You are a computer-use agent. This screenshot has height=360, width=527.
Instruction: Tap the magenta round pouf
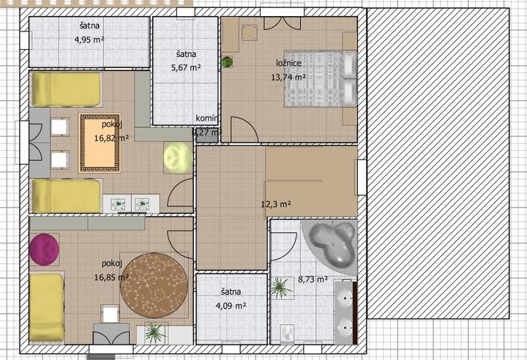44,250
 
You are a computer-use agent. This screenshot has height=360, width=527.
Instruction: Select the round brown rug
154,285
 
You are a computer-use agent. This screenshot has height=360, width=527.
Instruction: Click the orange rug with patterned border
100,143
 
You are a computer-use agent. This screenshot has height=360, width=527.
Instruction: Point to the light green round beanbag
178,157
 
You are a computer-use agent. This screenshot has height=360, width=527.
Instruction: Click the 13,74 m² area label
288,78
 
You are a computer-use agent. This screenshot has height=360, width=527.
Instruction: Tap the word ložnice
288,63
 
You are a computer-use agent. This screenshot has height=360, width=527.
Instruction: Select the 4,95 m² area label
89,40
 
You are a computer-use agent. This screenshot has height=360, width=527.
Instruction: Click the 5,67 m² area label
186,68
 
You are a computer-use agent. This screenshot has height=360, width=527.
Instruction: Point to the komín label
206,118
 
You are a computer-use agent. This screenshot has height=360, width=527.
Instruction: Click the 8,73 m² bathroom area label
313,280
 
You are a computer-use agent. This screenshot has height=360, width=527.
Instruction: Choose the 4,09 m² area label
231,306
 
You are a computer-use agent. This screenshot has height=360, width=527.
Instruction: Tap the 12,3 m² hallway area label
276,203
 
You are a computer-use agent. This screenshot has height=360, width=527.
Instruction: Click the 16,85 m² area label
111,277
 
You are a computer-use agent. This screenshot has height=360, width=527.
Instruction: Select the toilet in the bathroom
287,334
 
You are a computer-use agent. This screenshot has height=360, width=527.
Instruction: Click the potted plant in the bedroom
227,62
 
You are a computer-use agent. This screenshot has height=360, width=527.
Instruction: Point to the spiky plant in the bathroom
280,288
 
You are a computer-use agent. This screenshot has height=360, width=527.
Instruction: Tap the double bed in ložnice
321,78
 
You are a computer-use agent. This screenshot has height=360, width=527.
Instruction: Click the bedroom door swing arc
249,124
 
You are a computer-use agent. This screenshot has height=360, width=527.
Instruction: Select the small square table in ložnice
250,32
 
